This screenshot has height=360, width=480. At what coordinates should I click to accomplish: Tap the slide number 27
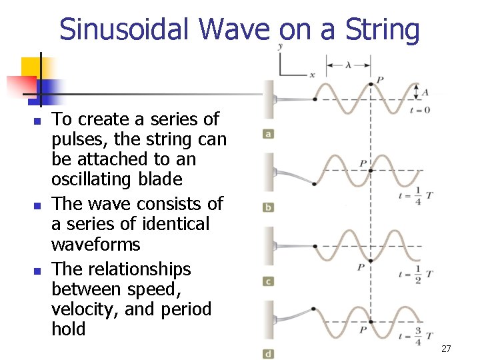coord(446,349)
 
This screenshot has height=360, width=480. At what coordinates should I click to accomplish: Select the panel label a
coord(268,134)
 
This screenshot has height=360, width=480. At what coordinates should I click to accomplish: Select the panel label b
coord(268,207)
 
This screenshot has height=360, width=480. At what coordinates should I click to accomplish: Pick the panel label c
coord(268,281)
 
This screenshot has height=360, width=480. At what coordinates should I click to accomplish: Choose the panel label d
coord(268,354)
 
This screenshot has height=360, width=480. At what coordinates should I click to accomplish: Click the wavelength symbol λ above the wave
coord(347,65)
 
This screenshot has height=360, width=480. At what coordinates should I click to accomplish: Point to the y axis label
coord(280,46)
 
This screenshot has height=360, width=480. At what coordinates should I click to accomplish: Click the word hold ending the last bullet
coord(69,329)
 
